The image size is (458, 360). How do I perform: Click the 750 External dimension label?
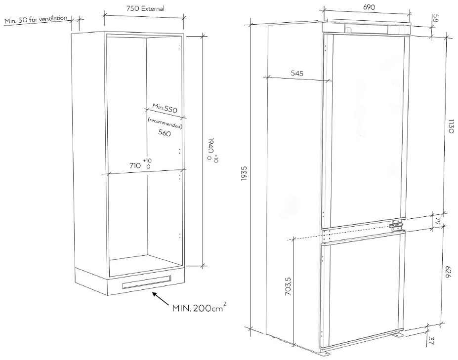tap(145, 8)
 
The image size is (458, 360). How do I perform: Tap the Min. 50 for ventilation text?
tap(36, 20)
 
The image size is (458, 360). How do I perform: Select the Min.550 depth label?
tap(165, 108)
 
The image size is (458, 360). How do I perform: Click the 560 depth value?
tap(165, 133)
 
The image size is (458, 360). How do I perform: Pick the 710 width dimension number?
tap(135, 165)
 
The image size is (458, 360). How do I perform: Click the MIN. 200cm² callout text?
tap(199, 308)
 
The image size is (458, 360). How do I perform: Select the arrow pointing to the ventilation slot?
tap(161, 299)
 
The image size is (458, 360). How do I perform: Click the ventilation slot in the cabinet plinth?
tap(146, 282)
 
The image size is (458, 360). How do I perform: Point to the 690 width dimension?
tap(369, 7)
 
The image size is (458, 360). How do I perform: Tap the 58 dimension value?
tap(435, 18)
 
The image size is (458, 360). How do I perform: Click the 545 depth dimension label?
tap(297, 73)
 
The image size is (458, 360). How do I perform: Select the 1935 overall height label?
tap(244, 173)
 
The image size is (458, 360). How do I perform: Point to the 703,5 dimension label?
tap(288, 286)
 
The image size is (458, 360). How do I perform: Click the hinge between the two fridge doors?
tap(396, 226)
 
